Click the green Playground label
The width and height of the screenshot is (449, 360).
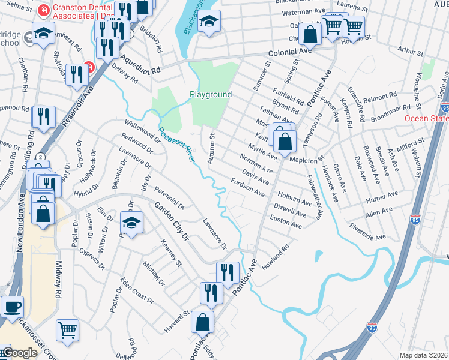[211, 95]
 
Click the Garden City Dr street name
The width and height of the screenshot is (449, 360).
[171, 221]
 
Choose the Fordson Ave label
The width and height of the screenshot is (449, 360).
[247, 188]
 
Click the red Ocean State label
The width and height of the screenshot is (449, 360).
[426, 118]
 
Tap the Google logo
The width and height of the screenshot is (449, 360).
[19, 353]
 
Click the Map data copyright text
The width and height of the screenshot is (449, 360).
[424, 355]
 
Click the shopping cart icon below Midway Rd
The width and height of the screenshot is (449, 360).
[67, 329]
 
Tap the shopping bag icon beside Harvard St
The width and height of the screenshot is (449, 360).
[203, 322]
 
